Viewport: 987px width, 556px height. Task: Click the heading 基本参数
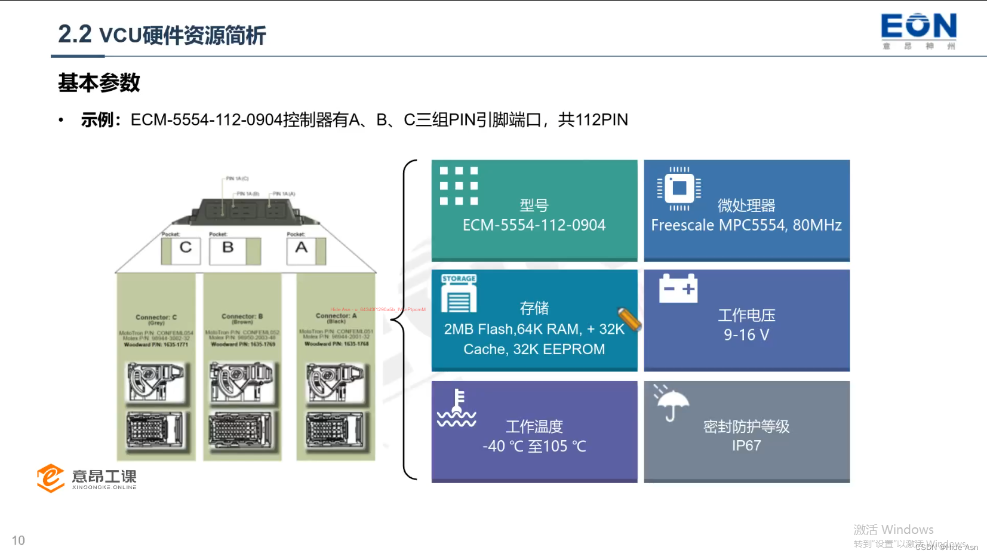pos(99,82)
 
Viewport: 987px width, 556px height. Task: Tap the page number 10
pos(19,540)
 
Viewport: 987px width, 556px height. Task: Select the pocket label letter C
pos(186,247)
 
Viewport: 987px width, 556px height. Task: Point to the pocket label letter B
pos(228,247)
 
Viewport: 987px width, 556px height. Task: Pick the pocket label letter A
pos(302,247)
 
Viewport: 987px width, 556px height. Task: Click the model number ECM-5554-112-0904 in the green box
pos(534,225)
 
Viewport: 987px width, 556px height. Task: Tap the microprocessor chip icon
pos(679,188)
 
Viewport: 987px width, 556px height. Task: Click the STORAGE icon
pos(459,294)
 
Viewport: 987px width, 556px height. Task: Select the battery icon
pos(678,288)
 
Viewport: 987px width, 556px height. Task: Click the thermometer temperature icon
pos(457,408)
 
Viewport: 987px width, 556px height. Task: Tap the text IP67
pos(746,446)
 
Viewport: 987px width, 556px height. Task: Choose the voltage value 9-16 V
pos(746,335)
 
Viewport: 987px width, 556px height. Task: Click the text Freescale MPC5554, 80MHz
pos(746,225)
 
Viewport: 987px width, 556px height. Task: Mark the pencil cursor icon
pos(629,320)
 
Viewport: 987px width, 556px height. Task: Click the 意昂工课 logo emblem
pos(51,478)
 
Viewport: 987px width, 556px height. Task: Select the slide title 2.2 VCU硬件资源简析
pos(162,35)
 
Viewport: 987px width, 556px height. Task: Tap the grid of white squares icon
pos(459,186)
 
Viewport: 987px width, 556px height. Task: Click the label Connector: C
pos(156,317)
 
